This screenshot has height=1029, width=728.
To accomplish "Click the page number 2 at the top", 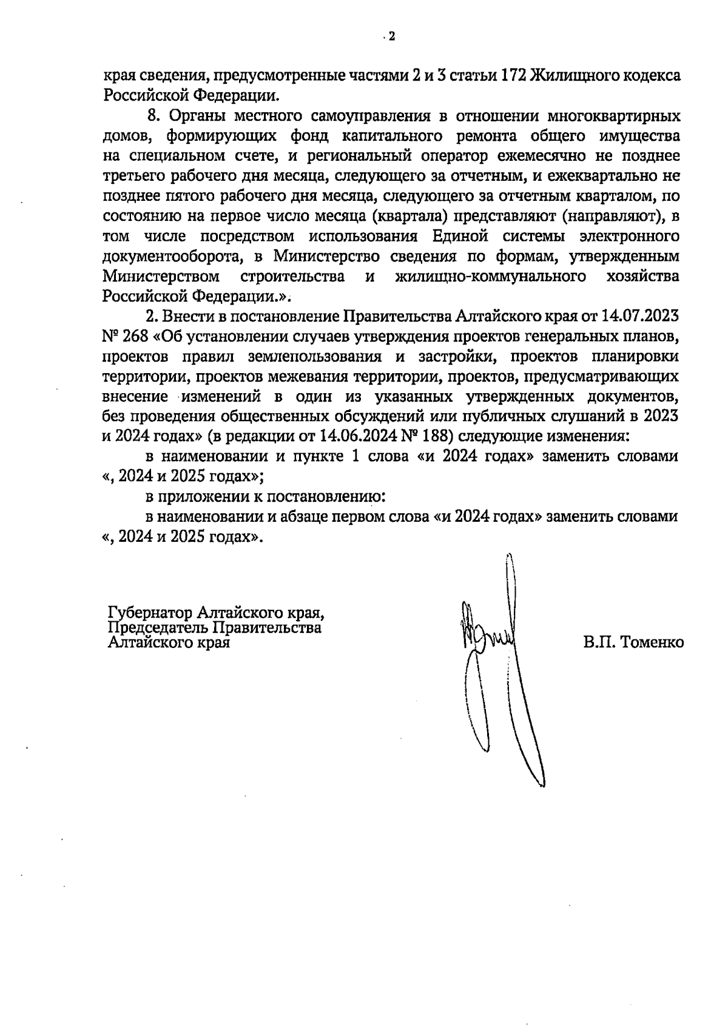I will [x=391, y=37].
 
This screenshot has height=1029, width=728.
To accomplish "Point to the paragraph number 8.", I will [x=153, y=115].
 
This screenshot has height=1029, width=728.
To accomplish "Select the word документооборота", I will [x=168, y=256].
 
